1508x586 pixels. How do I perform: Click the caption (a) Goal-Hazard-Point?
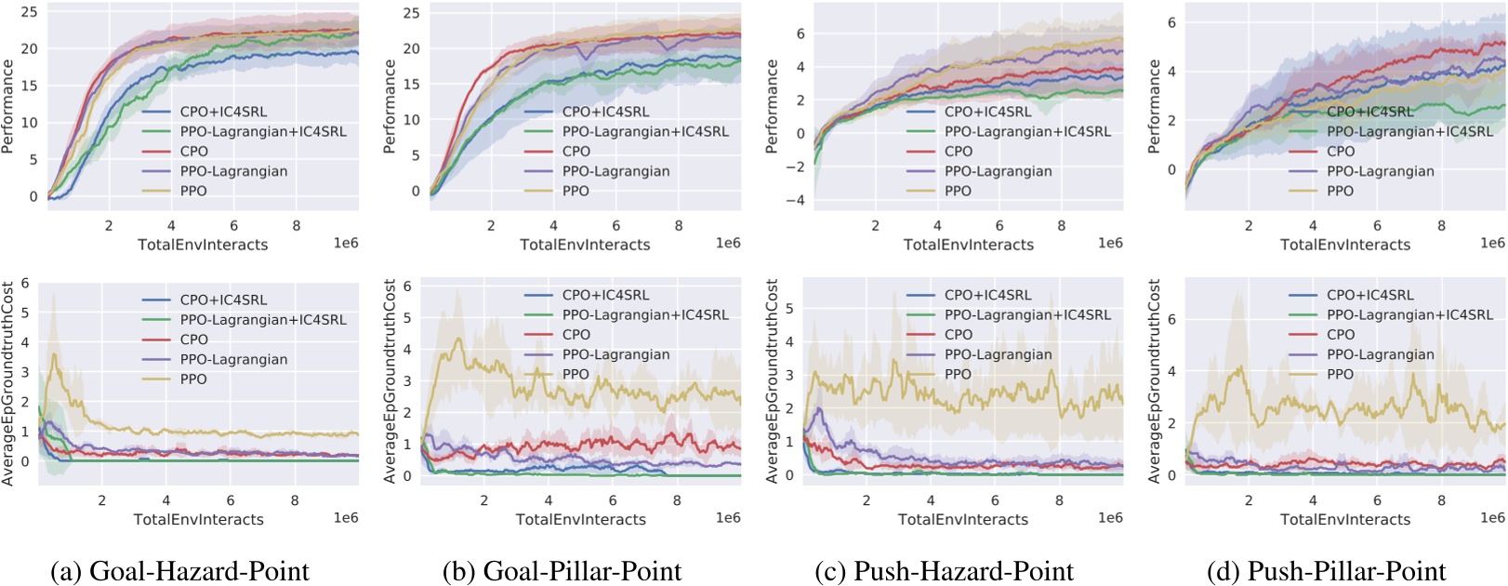[179, 570]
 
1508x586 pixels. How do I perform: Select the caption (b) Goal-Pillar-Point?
[562, 570]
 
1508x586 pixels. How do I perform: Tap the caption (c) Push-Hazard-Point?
[945, 570]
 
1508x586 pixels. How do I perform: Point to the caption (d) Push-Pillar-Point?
[1327, 570]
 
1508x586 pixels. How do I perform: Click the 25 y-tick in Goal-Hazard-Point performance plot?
[30, 11]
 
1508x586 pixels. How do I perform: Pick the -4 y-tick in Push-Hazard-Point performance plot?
[795, 200]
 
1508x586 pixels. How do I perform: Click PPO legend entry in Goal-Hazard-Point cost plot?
[193, 380]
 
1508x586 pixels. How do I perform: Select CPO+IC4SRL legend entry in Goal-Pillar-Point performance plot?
[605, 112]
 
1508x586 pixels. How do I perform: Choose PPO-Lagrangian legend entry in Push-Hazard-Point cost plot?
[998, 354]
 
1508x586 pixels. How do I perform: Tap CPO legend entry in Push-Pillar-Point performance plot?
[1340, 152]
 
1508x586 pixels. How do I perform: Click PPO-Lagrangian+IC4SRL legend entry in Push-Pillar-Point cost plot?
[1409, 315]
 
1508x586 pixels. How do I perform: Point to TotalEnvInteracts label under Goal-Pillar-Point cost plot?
[580, 519]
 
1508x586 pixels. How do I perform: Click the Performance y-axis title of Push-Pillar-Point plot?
[1155, 106]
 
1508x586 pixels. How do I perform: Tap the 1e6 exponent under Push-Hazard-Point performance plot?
[1110, 243]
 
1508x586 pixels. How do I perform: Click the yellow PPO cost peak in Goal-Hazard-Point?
[56, 354]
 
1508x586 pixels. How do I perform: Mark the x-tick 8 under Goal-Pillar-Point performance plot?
[679, 226]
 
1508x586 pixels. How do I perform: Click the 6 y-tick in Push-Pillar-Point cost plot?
[1171, 319]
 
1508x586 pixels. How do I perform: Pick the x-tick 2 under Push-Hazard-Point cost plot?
[866, 500]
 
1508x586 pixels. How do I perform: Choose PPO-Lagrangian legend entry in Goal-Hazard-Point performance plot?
[233, 171]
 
